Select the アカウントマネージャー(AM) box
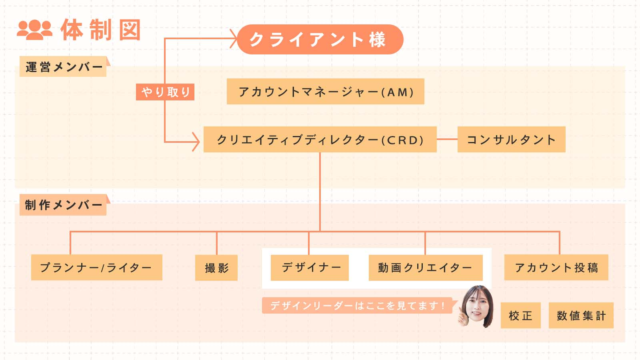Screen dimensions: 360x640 (325, 92)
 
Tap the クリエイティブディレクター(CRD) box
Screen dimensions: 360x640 (320, 140)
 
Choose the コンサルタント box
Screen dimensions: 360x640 (511, 140)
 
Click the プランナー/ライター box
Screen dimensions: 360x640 (96, 268)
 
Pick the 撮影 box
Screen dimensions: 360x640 (216, 268)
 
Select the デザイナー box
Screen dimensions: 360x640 (309, 268)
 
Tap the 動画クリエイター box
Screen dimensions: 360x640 (425, 268)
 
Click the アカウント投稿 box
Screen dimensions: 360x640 (556, 268)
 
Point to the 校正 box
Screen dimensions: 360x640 (520, 316)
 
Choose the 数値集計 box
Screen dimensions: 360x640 (581, 316)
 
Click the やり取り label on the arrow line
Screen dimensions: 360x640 (165, 92)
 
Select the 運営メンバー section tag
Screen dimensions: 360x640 (63, 67)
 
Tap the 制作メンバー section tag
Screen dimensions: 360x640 (63, 205)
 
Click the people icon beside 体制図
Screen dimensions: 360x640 (35, 30)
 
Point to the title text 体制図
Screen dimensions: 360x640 (101, 30)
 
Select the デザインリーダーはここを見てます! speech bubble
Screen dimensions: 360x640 (356, 305)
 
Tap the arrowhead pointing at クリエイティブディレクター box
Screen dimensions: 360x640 (196, 142)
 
